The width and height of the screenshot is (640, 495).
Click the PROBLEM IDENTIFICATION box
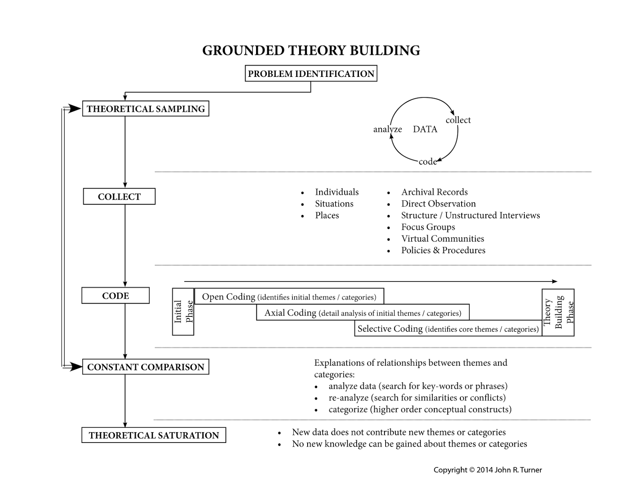point(311,74)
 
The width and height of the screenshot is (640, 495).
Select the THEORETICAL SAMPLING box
point(146,109)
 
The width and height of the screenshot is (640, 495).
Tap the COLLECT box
point(119,197)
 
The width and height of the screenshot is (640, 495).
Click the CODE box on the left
point(116,296)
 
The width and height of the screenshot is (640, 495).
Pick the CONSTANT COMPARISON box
point(146,367)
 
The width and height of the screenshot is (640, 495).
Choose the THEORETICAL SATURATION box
point(154,435)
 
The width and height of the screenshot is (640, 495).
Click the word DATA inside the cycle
point(425,129)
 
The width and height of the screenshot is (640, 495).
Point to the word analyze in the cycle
point(387,129)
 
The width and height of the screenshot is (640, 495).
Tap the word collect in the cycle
point(458,120)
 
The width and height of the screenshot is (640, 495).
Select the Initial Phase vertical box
point(183,312)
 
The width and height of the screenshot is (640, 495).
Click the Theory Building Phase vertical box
point(558,312)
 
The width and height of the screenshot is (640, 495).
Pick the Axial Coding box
point(362,313)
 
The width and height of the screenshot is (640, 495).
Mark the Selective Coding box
point(448,329)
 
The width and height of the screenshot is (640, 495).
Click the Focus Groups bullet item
point(428,227)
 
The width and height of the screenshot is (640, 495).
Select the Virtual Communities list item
point(442,239)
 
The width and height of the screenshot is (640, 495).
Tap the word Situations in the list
point(334,204)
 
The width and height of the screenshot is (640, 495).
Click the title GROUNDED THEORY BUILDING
point(311,50)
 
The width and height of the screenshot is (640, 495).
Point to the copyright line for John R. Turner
point(488,470)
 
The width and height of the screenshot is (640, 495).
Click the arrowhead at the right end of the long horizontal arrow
point(554,282)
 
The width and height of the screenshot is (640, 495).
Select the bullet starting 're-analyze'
point(417,398)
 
